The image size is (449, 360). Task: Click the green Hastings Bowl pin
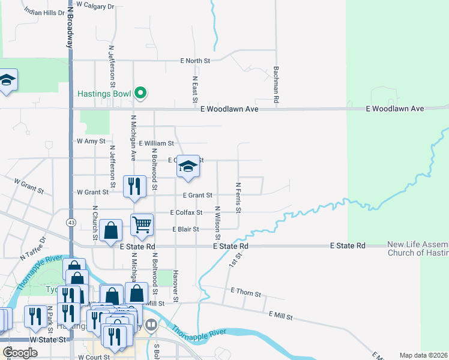[x=140, y=92]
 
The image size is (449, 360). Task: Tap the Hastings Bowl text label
[x=104, y=94]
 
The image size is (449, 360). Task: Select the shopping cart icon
[x=142, y=225]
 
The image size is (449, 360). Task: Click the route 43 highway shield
[x=71, y=223]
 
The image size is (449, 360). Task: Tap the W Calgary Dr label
[x=94, y=6]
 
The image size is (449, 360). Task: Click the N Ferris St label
[x=238, y=197]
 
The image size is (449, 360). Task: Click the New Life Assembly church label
[x=418, y=248]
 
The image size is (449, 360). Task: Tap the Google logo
[x=20, y=353]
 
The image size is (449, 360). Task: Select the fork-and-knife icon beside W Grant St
[x=134, y=186]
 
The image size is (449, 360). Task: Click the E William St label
[x=156, y=143]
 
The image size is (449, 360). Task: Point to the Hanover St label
[x=176, y=287]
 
